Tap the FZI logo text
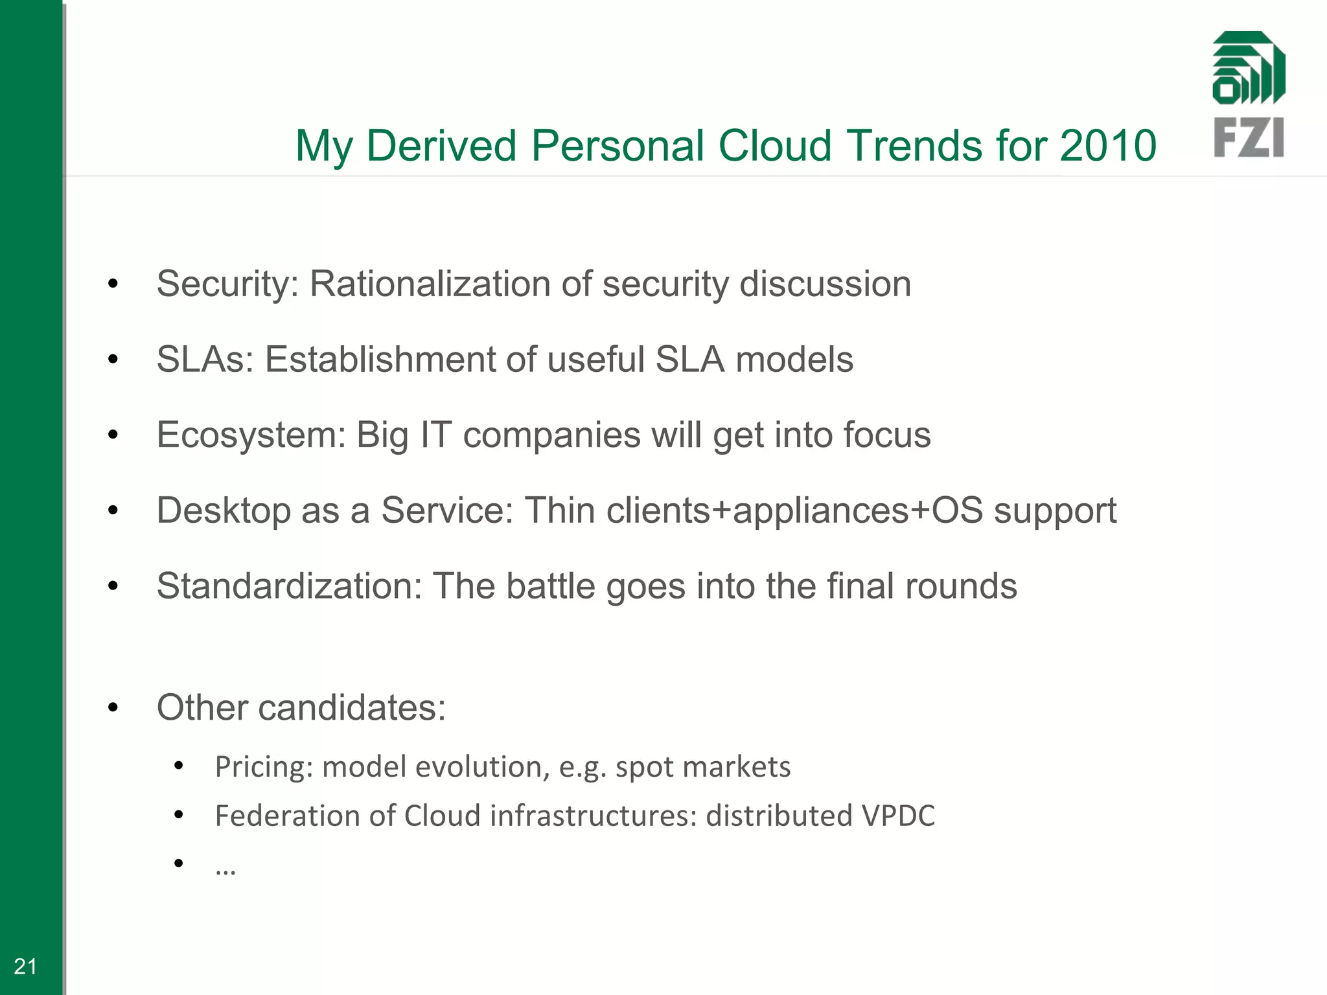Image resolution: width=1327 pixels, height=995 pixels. [1249, 137]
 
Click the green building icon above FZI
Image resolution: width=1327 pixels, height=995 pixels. [1249, 68]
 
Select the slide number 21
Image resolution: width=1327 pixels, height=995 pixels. [25, 966]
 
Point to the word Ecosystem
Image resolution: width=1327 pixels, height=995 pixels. [251, 435]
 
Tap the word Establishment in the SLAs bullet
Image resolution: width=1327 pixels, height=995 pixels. [380, 360]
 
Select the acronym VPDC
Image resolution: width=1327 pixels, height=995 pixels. [898, 816]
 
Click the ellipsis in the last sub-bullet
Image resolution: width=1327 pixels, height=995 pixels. [225, 869]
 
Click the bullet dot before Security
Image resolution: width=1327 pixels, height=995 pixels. [113, 284]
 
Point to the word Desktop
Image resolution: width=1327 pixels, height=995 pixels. [222, 510]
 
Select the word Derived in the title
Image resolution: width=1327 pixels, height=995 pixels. [441, 145]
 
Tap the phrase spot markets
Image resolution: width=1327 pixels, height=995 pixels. [702, 767]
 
